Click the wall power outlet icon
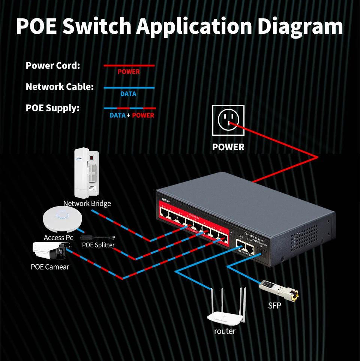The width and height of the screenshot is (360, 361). (228, 120)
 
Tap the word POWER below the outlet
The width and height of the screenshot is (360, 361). (228, 147)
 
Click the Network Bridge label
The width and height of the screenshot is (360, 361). (87, 204)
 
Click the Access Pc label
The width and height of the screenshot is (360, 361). (58, 238)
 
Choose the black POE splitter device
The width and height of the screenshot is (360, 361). (99, 238)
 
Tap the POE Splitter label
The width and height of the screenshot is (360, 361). (98, 245)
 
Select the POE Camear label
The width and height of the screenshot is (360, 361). (50, 267)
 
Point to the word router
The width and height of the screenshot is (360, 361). (225, 331)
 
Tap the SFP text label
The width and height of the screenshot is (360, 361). (274, 306)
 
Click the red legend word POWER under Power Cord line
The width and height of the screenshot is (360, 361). (129, 72)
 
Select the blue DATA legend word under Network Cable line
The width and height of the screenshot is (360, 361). (128, 94)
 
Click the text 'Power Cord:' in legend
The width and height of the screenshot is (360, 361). (53, 66)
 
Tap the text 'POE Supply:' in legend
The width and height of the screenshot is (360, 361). (53, 108)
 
